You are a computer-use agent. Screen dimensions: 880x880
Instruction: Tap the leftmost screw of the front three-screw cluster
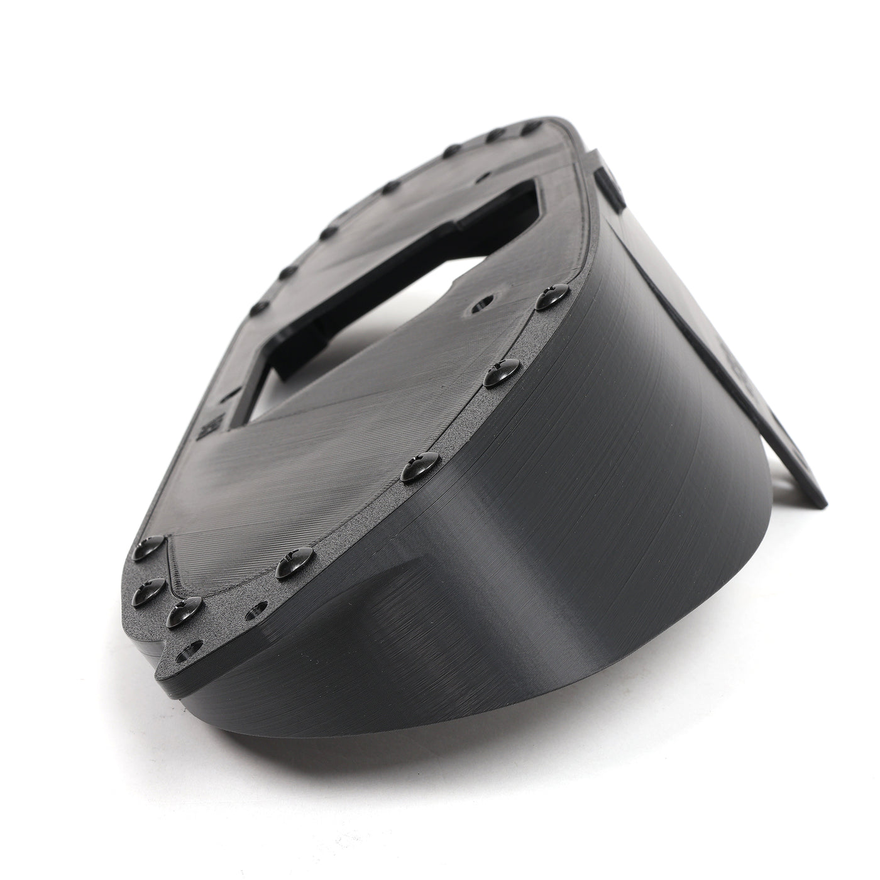tap(149, 589)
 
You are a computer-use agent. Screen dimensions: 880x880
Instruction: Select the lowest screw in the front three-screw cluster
tap(184, 610)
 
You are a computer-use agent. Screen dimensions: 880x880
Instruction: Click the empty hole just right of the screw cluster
tap(254, 609)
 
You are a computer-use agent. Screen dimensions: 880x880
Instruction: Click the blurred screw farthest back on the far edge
tap(532, 128)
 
